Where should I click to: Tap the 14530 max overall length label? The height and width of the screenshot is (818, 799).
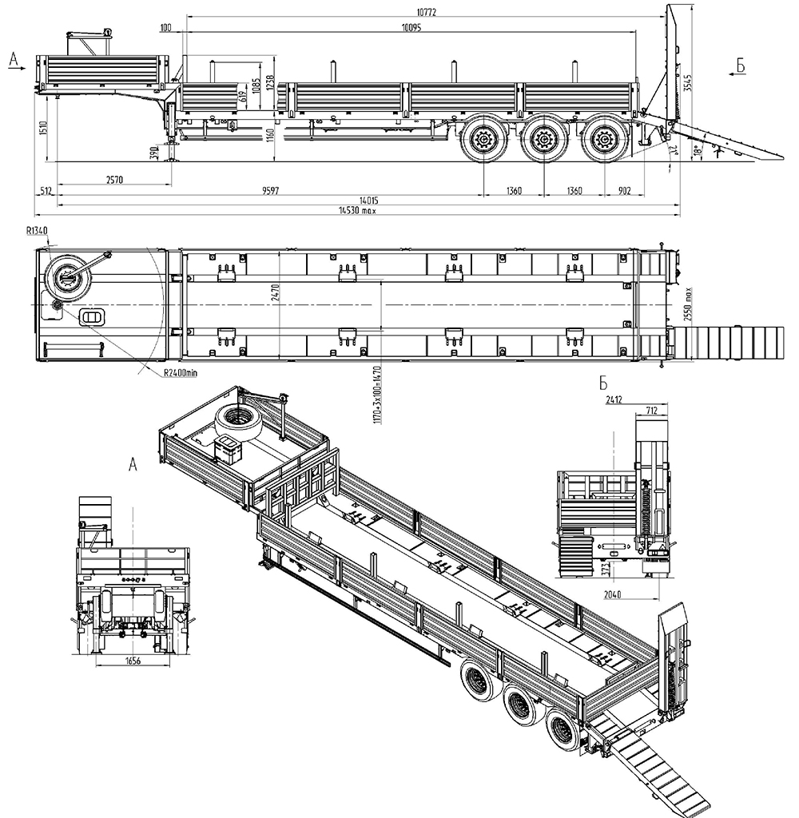pos(357,212)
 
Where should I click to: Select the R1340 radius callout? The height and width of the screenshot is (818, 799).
pos(37,230)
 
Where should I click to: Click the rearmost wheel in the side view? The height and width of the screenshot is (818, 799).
pos(603,142)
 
